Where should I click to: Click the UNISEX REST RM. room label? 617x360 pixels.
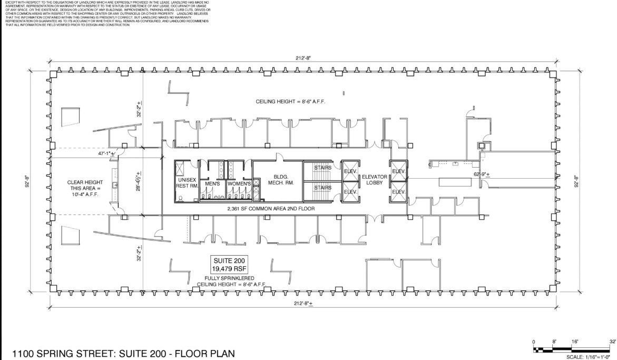point(187,182)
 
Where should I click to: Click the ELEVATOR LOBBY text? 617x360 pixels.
point(375,180)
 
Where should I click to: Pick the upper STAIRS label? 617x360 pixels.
point(322,168)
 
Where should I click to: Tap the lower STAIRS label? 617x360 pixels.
point(322,188)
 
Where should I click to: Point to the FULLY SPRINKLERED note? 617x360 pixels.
point(230,278)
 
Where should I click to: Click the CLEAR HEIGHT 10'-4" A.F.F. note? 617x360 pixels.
point(83,188)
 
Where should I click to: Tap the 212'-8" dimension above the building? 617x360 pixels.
point(302,58)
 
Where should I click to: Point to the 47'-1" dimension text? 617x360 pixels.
point(105,153)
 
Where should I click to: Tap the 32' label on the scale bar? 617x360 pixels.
point(612,342)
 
